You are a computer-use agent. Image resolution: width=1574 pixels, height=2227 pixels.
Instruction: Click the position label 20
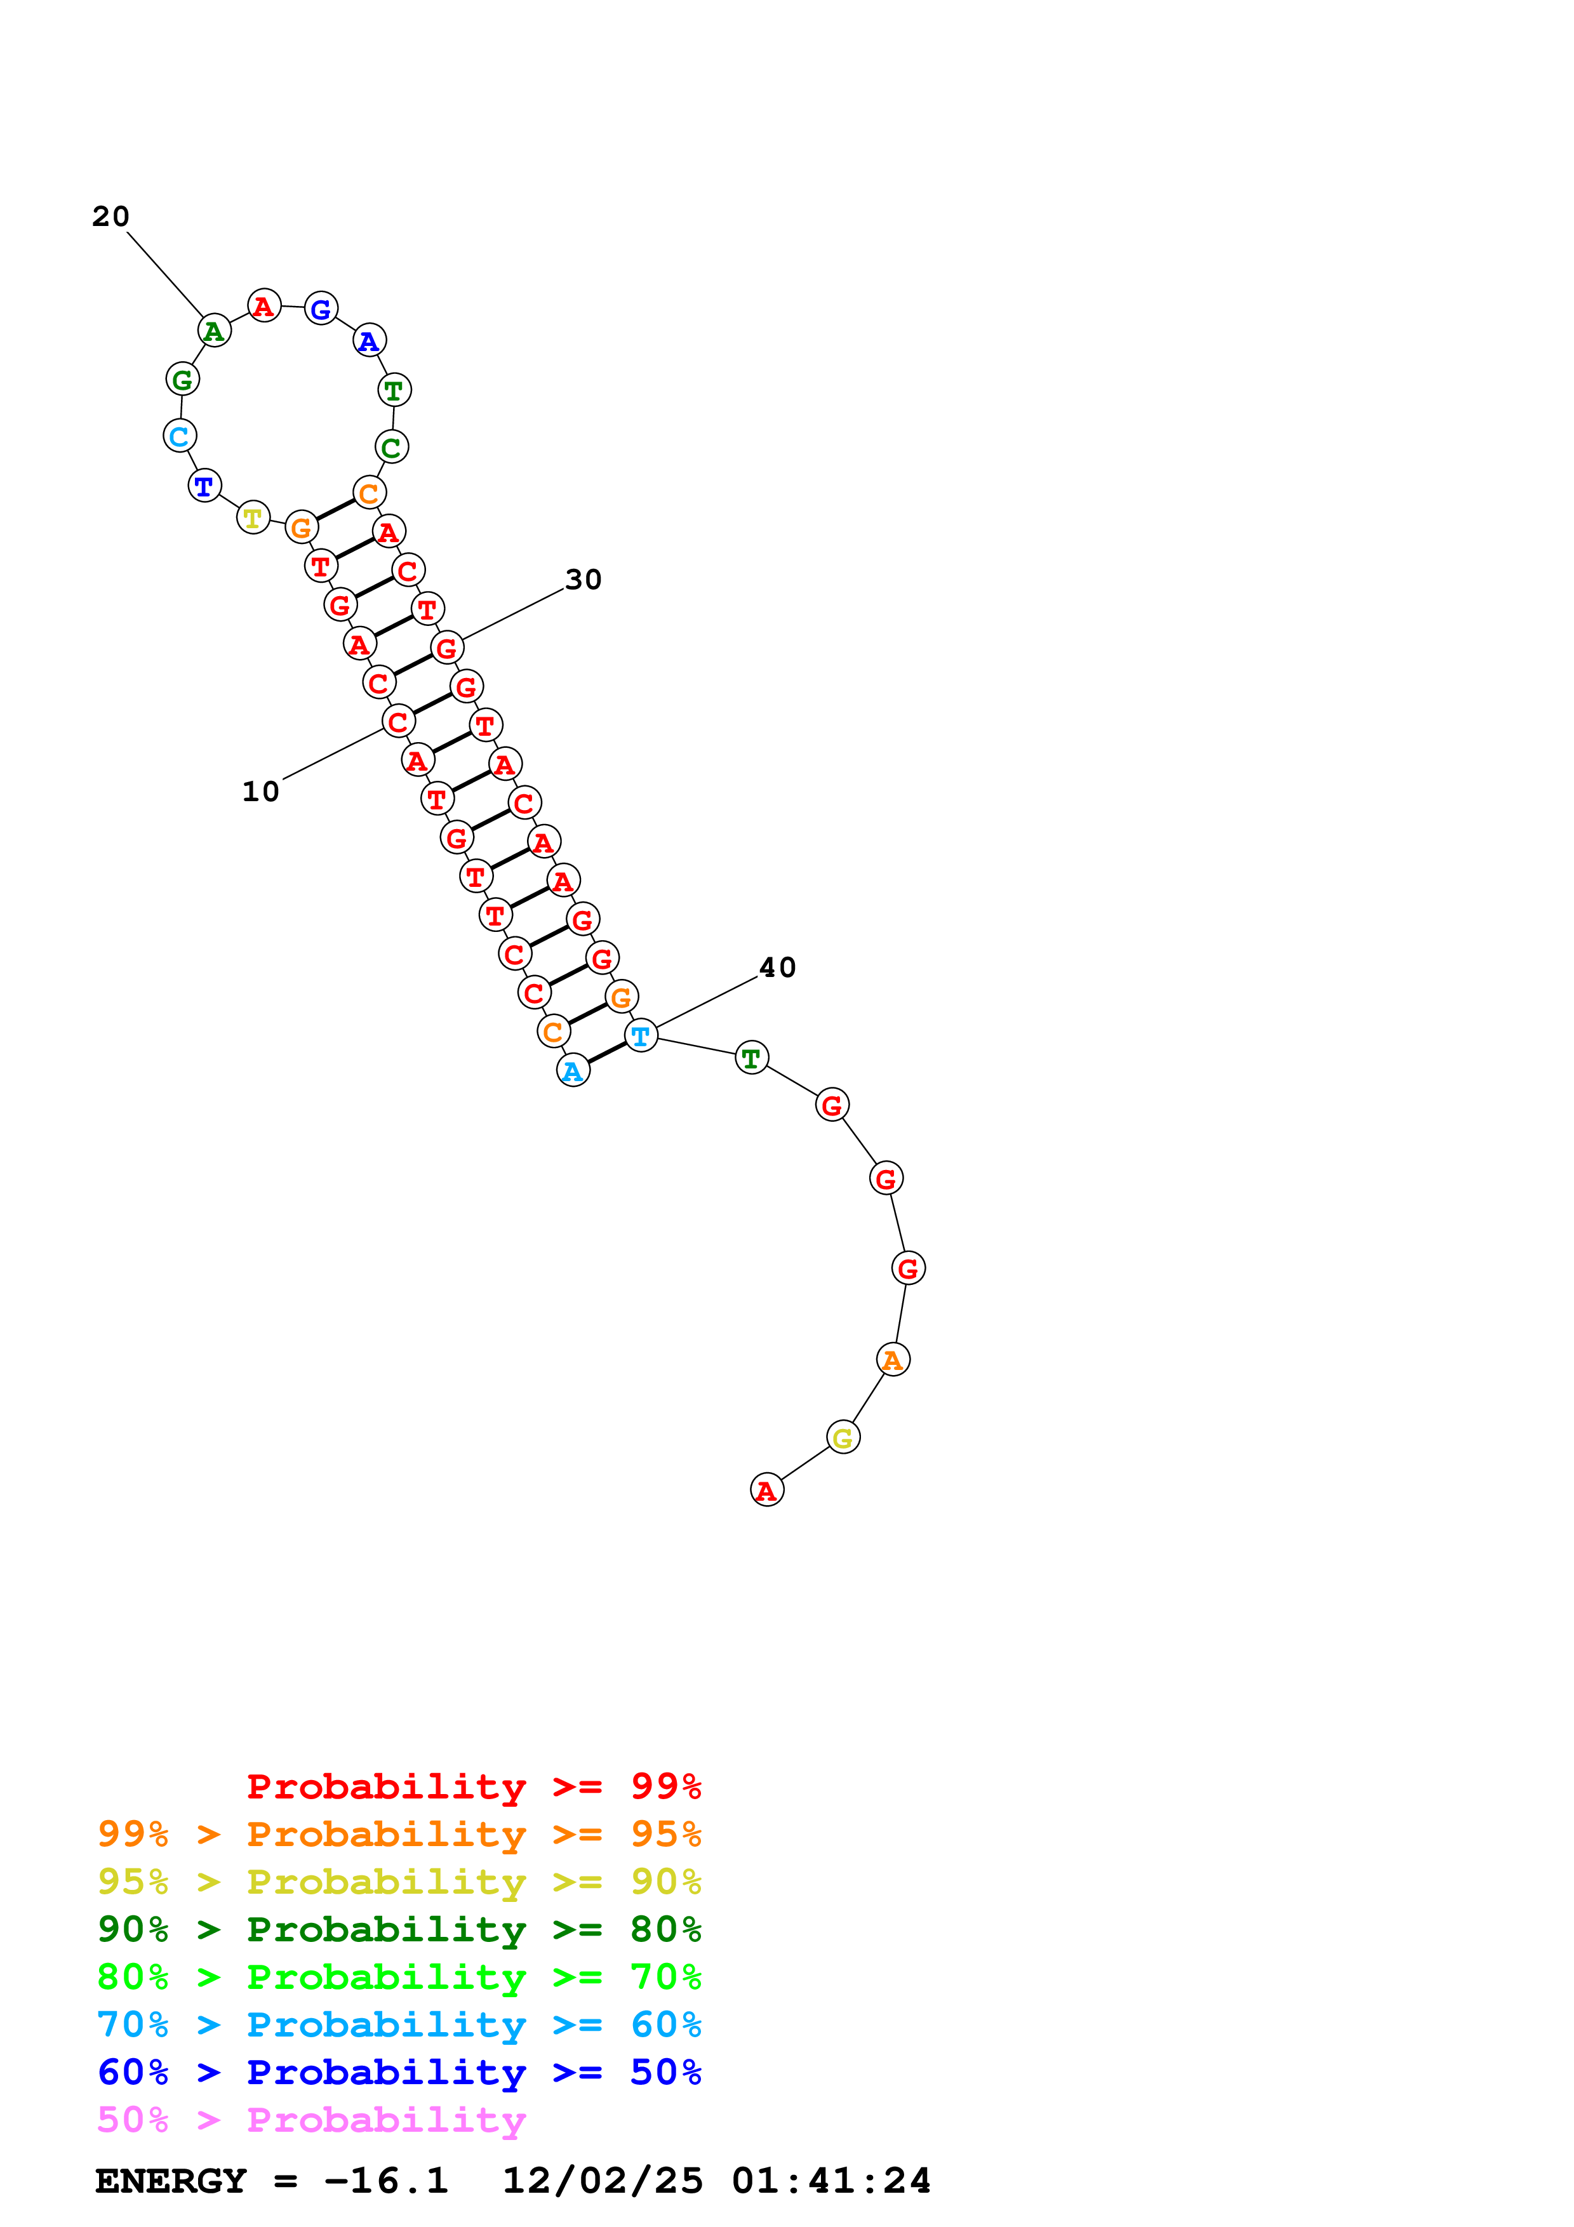pos(110,216)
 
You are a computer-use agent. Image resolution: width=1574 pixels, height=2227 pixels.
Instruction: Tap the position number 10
pos(260,792)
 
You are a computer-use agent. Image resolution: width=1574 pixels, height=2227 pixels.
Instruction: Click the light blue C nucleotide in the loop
pos(180,437)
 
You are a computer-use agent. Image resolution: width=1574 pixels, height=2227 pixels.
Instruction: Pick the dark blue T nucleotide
pos(204,486)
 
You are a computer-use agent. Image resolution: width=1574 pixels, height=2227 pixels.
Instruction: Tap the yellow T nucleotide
pos(253,518)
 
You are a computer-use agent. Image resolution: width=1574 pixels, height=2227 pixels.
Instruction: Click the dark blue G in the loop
pos(321,309)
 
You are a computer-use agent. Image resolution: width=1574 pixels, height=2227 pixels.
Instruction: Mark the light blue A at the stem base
pos(573,1071)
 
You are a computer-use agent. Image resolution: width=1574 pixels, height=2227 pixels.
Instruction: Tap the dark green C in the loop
pos(392,447)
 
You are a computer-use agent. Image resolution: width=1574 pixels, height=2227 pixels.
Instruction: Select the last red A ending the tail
pos(767,1490)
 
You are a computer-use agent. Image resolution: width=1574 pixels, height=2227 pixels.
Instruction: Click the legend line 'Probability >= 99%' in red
pos(474,1786)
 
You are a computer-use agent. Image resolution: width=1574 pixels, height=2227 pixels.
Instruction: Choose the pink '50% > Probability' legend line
pos(311,2120)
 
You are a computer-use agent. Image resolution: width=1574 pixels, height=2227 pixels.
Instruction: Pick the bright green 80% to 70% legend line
pos(399,1977)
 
